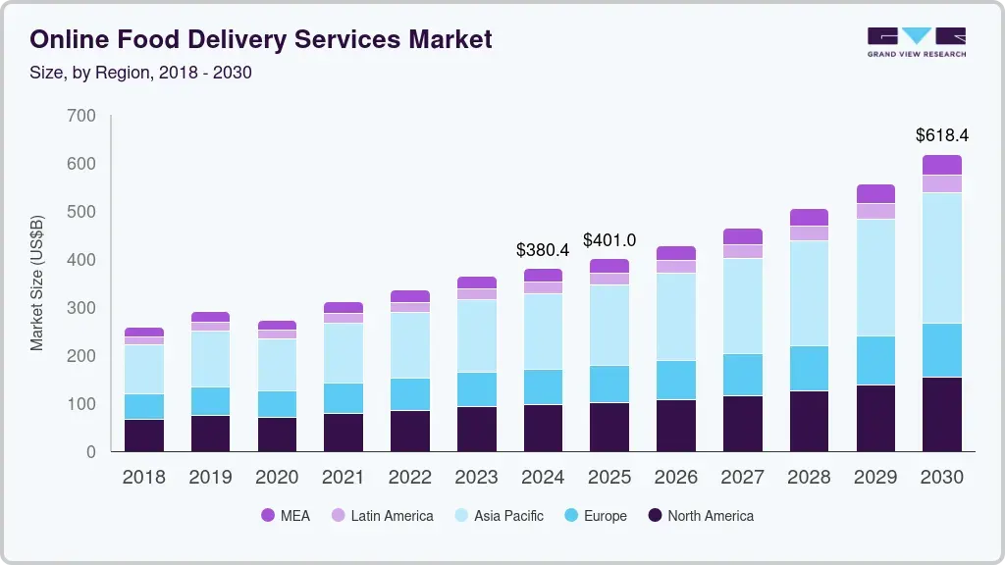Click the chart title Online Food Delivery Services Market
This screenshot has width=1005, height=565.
(x=261, y=39)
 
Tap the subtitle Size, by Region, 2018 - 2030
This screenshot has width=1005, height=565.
(x=140, y=73)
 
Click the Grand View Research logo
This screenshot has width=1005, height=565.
(x=916, y=42)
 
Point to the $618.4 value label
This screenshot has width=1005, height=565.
(x=941, y=134)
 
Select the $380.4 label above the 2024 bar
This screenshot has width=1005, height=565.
(x=543, y=250)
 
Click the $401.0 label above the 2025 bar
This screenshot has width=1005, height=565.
(x=609, y=240)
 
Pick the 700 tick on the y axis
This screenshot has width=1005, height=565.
(x=82, y=116)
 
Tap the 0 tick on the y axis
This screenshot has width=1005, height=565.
(x=90, y=452)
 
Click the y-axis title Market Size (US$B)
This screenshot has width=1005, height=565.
(x=37, y=282)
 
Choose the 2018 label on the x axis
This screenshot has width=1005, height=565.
(x=143, y=478)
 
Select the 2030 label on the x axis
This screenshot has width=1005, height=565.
(x=941, y=478)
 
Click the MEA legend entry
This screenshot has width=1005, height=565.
(x=285, y=516)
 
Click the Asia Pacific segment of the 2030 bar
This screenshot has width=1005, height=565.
(x=942, y=258)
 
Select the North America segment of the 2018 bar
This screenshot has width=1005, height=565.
(x=144, y=436)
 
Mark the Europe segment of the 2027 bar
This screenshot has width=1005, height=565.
(x=743, y=375)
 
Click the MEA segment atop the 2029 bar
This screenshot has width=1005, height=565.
(x=875, y=193)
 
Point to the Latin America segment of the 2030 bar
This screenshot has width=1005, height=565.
(x=942, y=183)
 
